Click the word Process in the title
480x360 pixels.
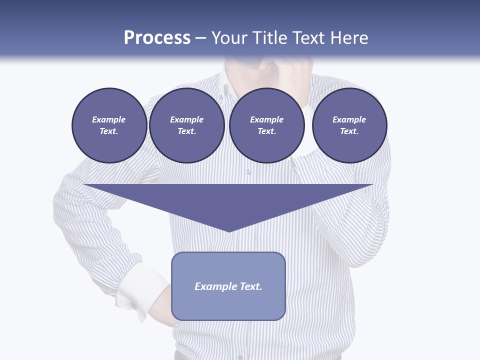pyautogui.click(x=157, y=38)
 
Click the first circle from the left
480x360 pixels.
pyautogui.click(x=109, y=125)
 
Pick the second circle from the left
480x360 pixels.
pyautogui.click(x=186, y=125)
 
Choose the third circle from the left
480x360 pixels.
pyautogui.click(x=266, y=125)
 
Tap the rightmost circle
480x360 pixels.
pyautogui.click(x=349, y=125)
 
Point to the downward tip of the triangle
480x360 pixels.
pyautogui.click(x=229, y=231)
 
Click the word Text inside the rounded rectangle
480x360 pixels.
pyautogui.click(x=250, y=286)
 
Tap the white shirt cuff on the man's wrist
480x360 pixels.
pyautogui.click(x=142, y=290)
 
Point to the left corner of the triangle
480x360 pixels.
pyautogui.click(x=85, y=185)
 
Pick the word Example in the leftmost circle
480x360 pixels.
pyautogui.click(x=109, y=119)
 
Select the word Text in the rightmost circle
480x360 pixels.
pyautogui.click(x=349, y=131)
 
